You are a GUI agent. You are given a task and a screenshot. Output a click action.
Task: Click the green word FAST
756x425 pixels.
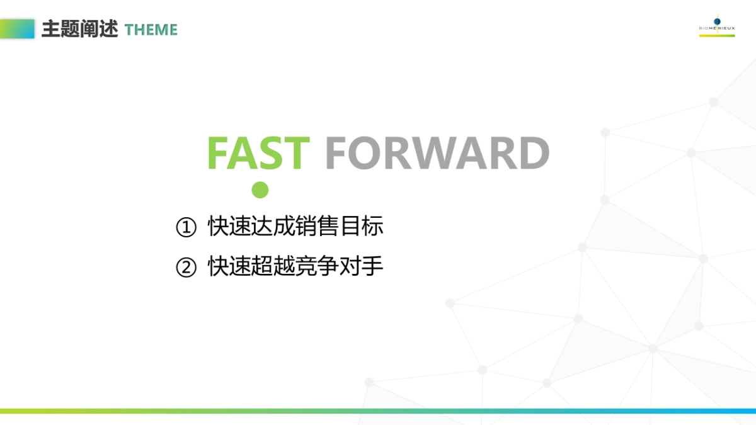click(x=258, y=153)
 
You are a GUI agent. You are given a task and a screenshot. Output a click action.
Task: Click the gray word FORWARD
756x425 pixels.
click(x=437, y=153)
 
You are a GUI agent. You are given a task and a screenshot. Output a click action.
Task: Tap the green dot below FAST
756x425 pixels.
click(x=260, y=190)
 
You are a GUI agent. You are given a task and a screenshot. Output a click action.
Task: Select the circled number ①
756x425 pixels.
click(x=186, y=227)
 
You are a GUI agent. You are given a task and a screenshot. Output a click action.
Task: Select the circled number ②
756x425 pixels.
click(x=186, y=267)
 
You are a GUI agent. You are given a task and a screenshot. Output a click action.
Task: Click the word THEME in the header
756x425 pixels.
click(x=151, y=30)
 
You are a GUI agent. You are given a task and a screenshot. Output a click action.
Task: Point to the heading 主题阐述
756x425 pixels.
click(x=79, y=29)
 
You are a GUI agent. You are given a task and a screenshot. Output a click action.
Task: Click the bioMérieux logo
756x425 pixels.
click(x=717, y=25)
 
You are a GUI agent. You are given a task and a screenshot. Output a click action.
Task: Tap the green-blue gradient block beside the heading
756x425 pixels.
click(x=17, y=29)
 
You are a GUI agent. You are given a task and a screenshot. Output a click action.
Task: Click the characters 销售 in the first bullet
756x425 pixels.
click(x=317, y=225)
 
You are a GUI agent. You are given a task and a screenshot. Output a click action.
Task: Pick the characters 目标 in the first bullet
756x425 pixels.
click(x=362, y=225)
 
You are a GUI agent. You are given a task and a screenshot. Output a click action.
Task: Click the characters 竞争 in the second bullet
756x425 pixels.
click(x=317, y=266)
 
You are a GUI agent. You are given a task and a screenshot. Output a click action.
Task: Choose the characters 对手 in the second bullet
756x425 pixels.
click(x=362, y=266)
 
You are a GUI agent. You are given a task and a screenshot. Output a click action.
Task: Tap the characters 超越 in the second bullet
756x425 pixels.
click(x=273, y=266)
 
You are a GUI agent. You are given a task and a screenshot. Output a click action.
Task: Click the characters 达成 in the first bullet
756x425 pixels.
click(x=273, y=225)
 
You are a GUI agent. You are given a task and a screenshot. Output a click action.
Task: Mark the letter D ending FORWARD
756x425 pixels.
click(x=535, y=153)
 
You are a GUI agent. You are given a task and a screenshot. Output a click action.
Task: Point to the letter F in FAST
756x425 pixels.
click(x=217, y=153)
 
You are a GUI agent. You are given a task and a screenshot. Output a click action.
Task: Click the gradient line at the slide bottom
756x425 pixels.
click(x=378, y=411)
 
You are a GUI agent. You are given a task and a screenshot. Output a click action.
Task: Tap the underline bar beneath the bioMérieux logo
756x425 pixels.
click(x=717, y=36)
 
